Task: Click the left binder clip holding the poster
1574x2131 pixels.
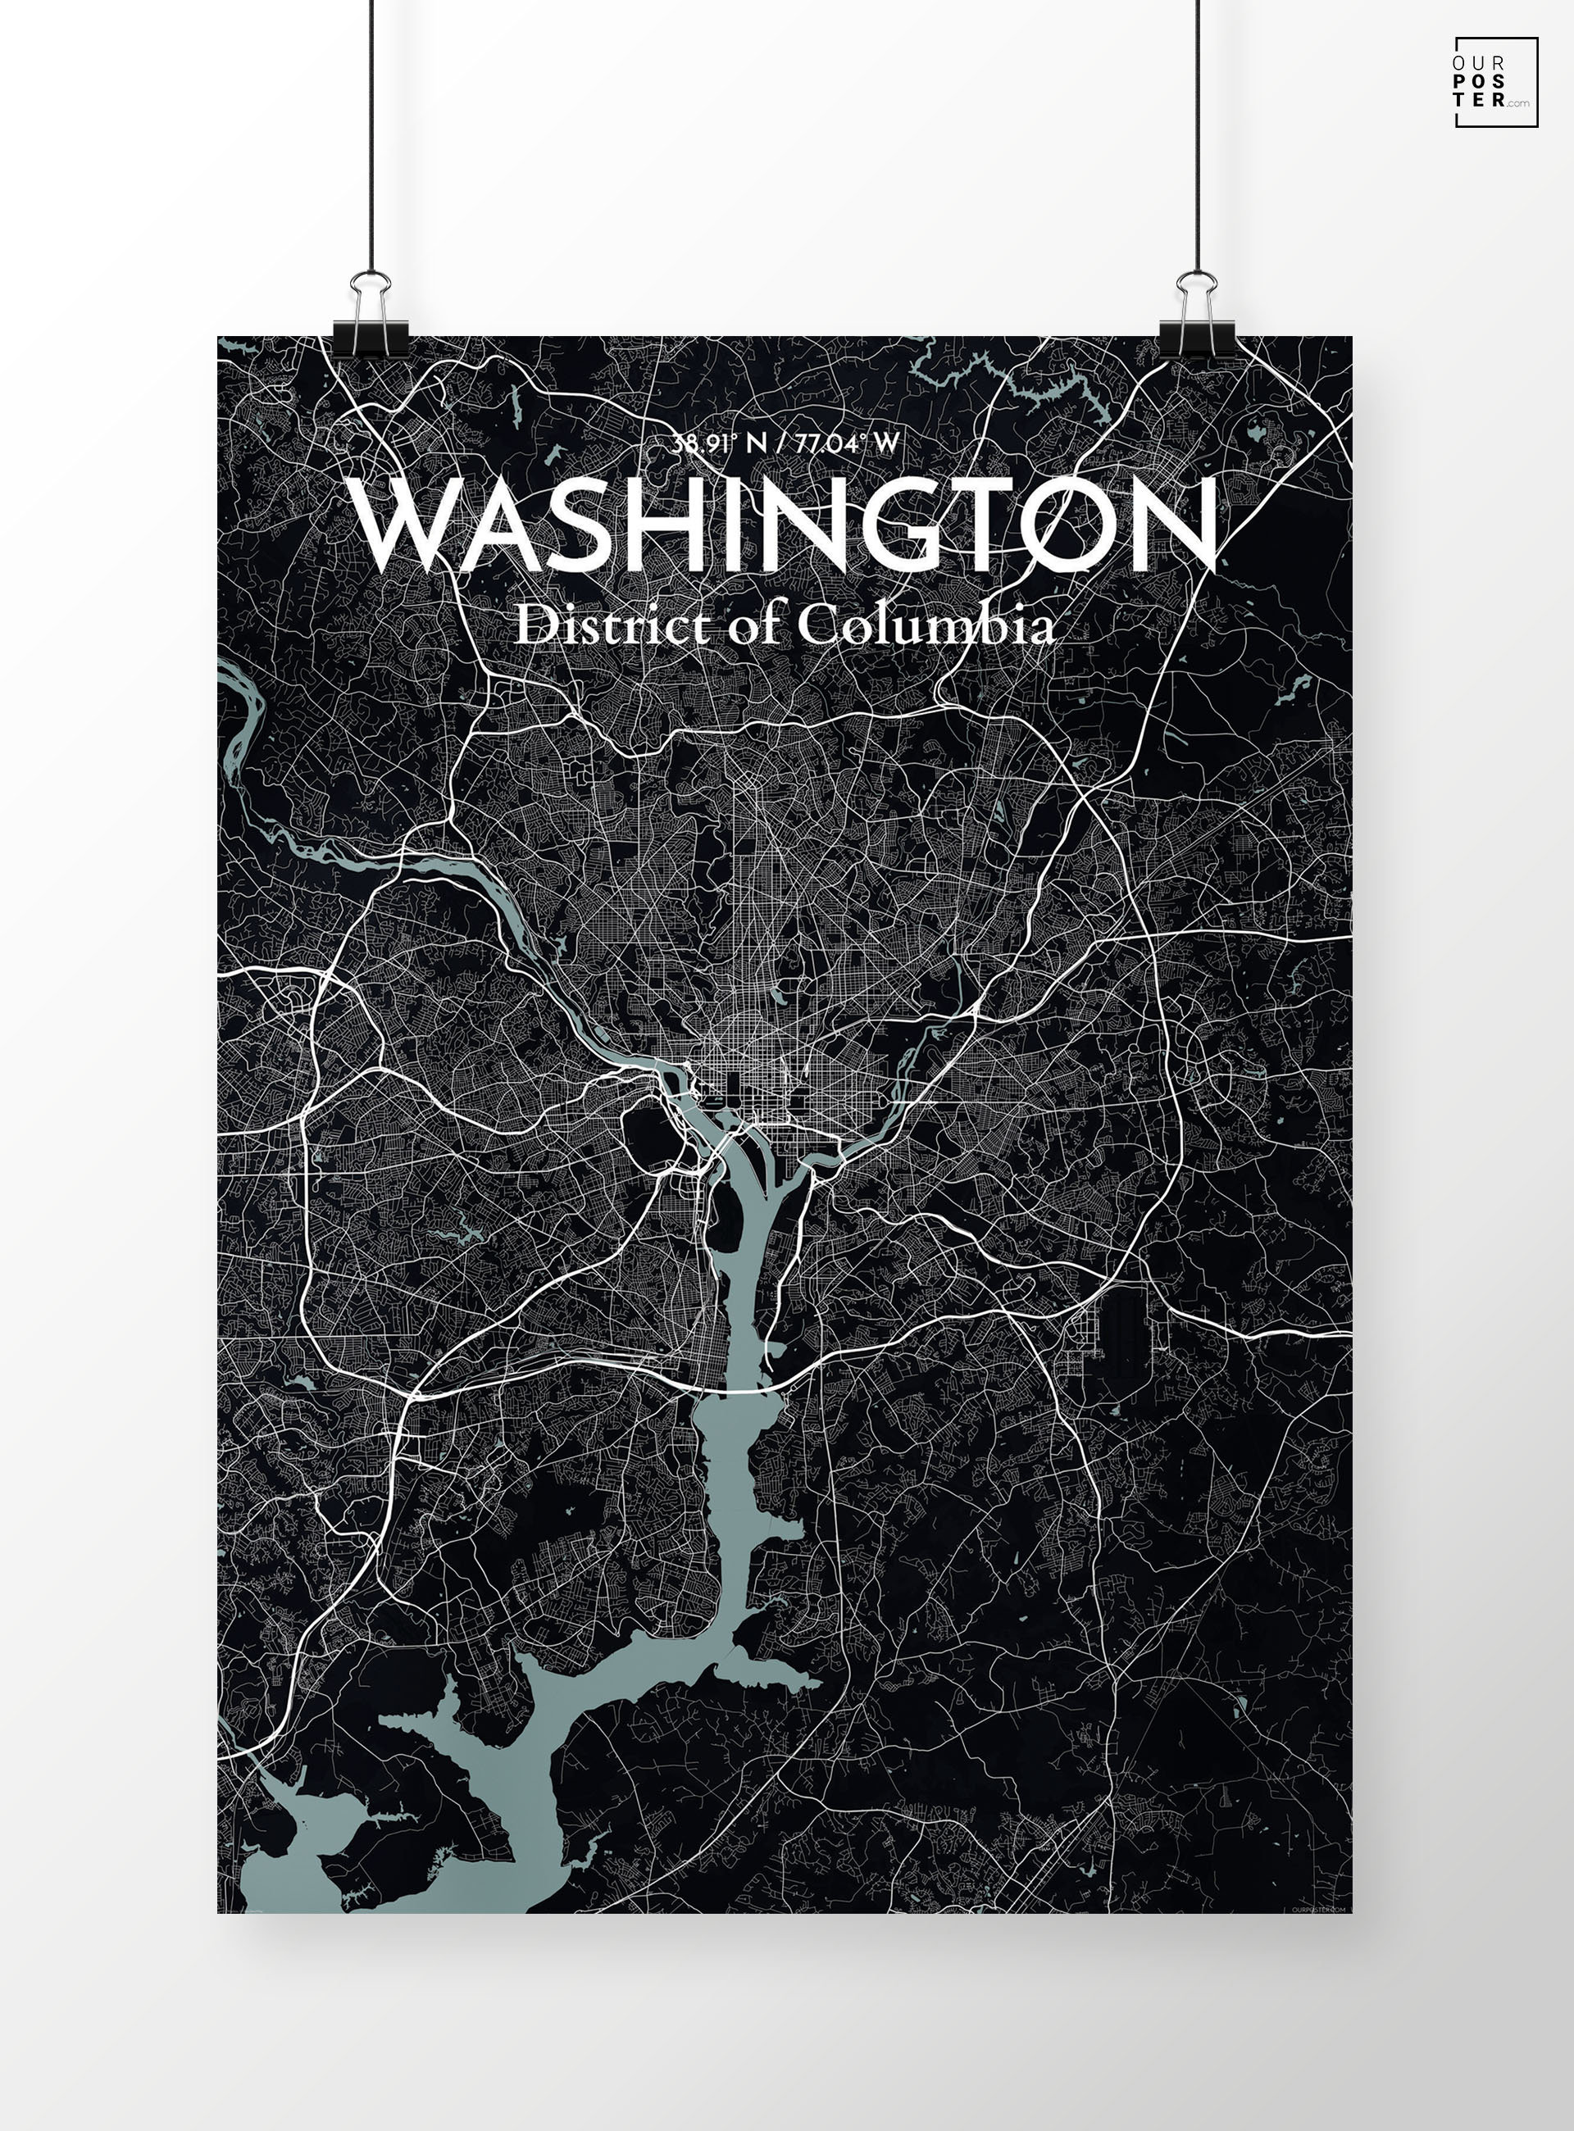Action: (x=371, y=319)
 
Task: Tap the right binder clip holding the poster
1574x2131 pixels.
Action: (x=1196, y=319)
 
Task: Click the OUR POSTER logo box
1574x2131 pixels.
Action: (x=1495, y=82)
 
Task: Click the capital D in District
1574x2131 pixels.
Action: (x=534, y=627)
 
